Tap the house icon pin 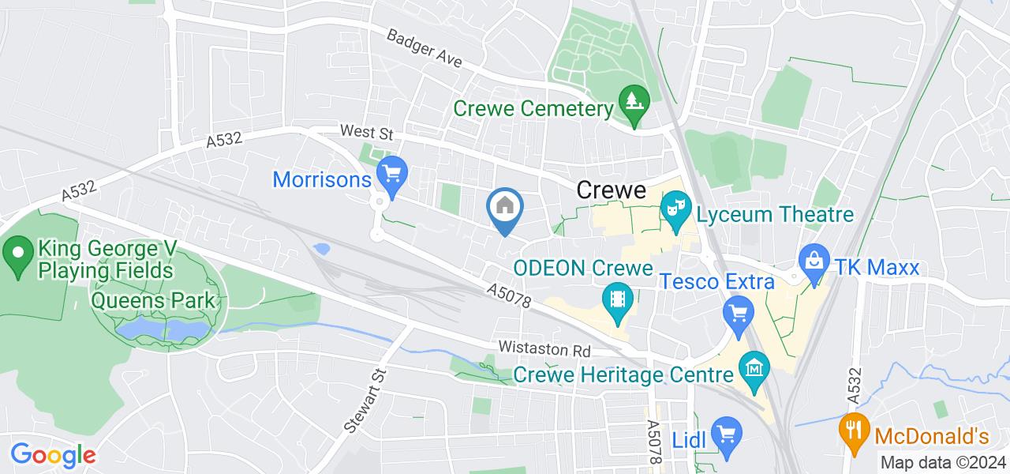(504, 207)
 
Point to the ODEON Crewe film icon (617, 299)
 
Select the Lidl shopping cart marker (724, 433)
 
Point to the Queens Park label (153, 301)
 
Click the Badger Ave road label (423, 49)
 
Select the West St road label (365, 131)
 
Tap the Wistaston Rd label (544, 348)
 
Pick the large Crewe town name (612, 190)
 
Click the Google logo (53, 455)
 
